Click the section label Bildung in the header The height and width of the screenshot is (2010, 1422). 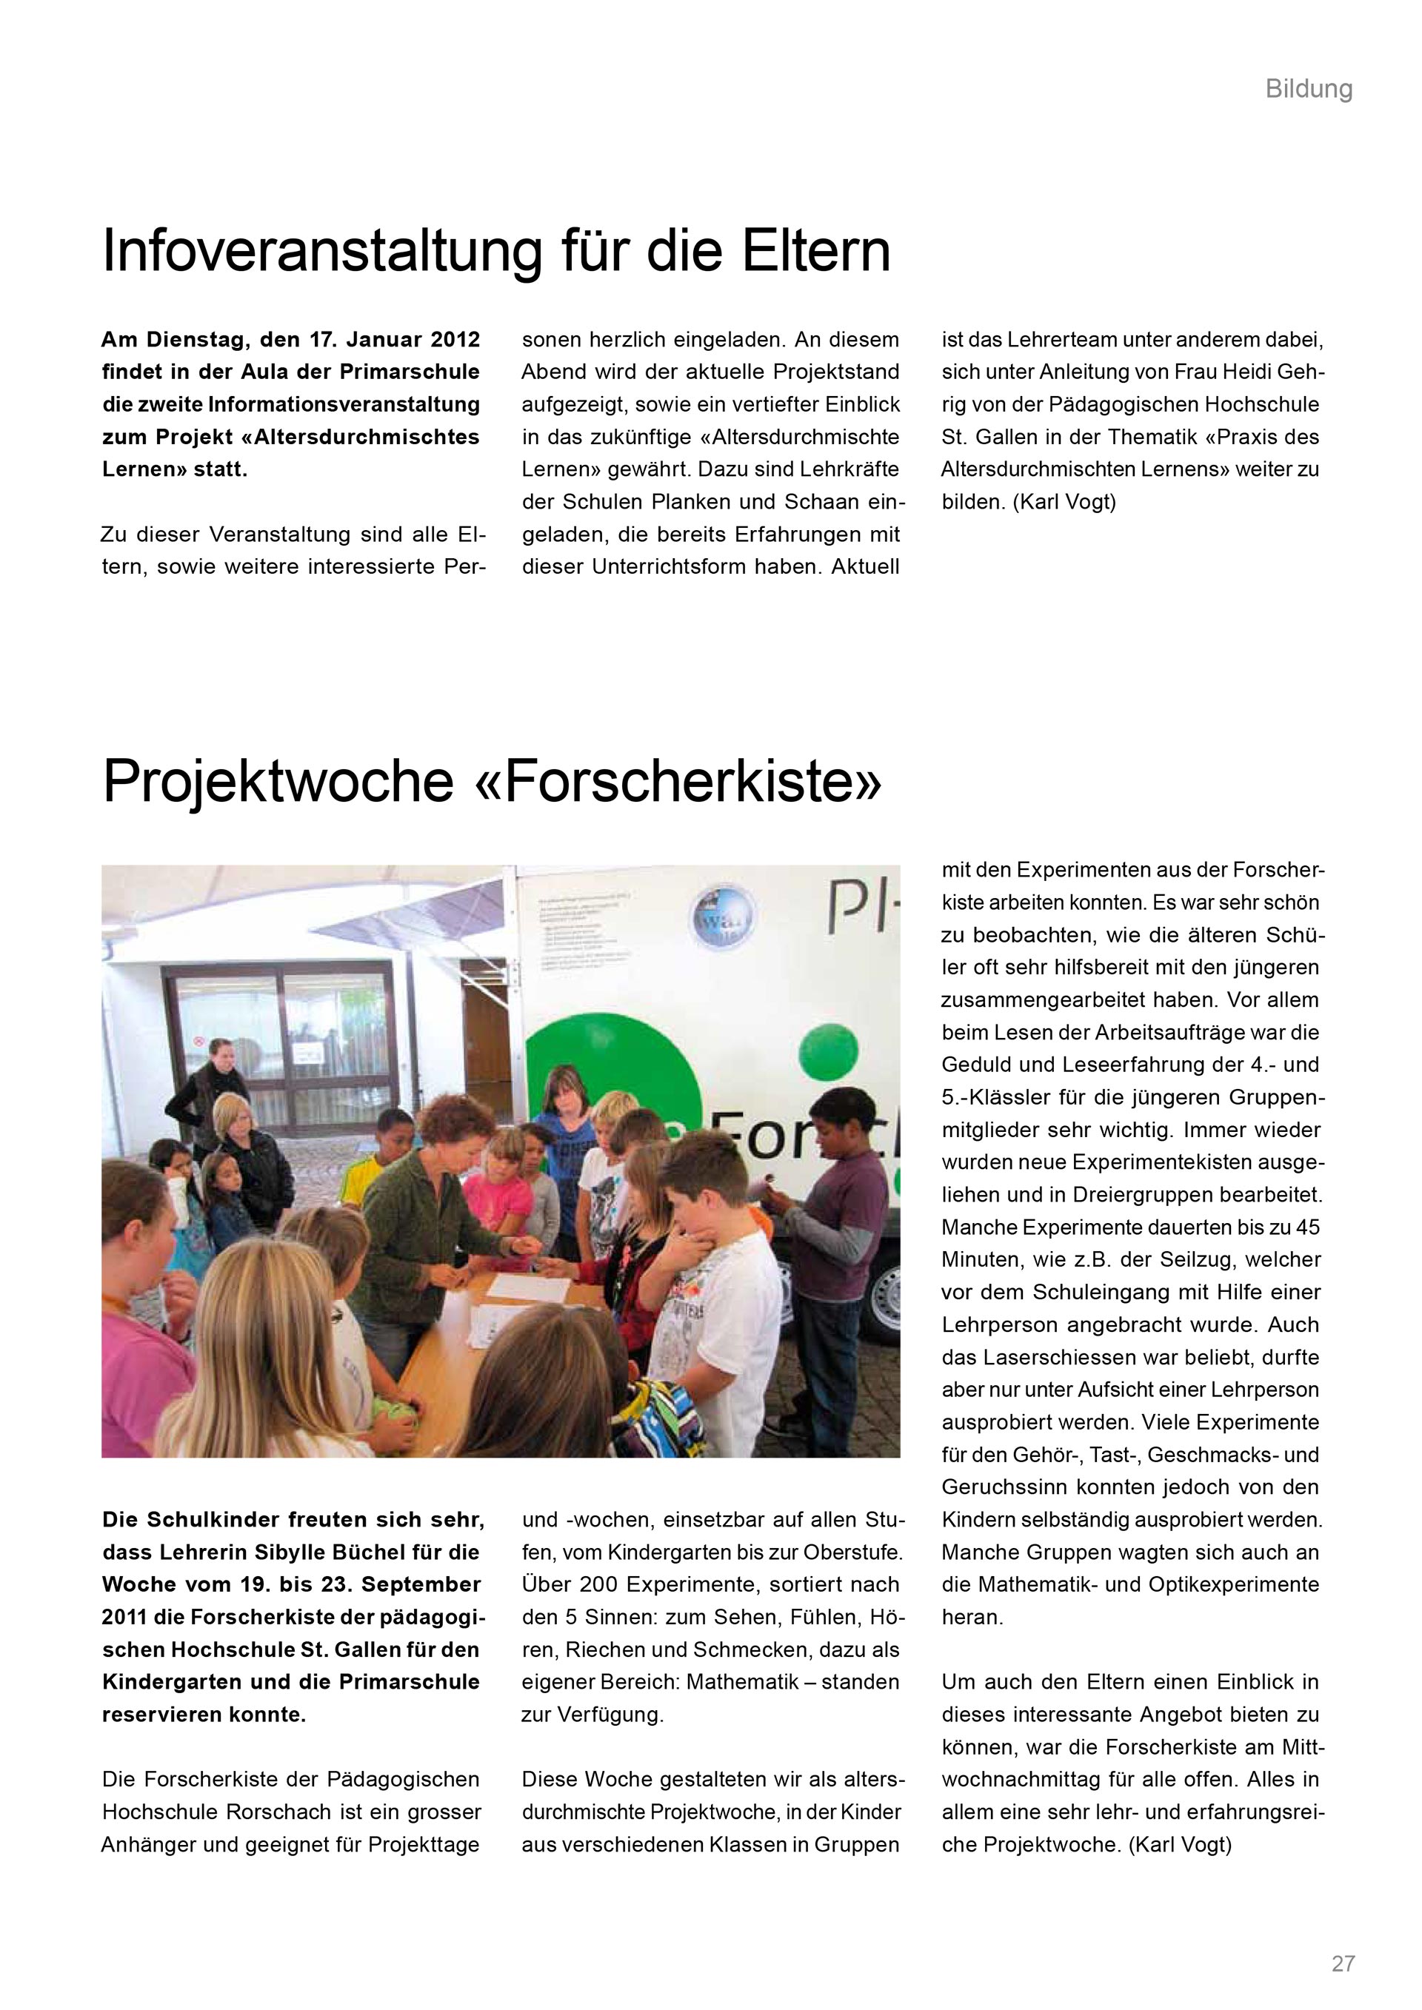[x=1308, y=90]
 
